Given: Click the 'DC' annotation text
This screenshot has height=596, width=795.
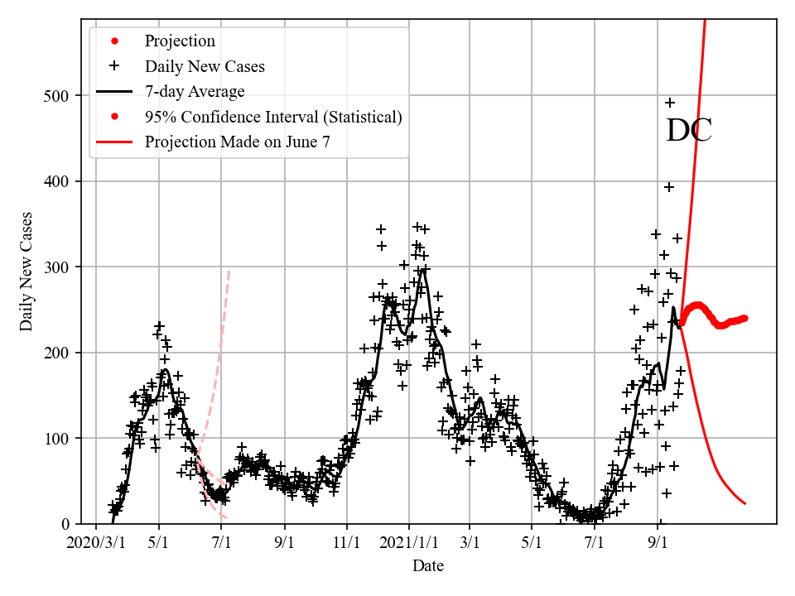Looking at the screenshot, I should (689, 131).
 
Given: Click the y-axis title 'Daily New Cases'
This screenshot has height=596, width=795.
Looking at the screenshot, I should (27, 272).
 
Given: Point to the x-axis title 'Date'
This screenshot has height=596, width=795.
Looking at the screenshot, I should (428, 566).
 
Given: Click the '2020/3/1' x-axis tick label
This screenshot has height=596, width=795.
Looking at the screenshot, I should (96, 544).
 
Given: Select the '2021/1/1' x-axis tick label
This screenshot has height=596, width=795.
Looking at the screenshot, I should (408, 544).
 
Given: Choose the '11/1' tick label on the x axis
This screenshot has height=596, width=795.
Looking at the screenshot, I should (347, 544).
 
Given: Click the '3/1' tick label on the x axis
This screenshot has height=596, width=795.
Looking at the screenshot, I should (470, 544).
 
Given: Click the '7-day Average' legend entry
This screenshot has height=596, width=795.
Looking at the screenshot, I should (195, 91).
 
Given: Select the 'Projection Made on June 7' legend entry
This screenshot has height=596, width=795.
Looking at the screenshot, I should (237, 142).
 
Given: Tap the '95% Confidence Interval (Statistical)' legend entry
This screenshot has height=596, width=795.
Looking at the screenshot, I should (273, 117).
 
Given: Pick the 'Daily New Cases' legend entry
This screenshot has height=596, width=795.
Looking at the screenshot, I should (205, 66).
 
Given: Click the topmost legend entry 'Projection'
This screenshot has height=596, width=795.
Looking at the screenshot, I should (180, 41).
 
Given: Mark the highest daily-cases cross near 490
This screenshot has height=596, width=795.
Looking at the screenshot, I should (670, 103).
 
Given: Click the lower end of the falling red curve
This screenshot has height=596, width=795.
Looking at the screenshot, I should (745, 503).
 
